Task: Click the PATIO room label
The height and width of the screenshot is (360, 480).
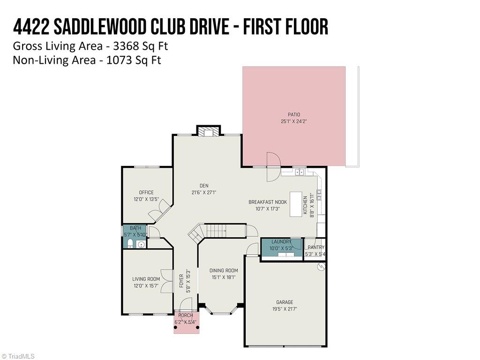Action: (294, 114)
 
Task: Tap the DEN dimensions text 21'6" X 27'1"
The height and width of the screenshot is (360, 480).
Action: (204, 192)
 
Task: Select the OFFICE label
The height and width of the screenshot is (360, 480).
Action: (146, 192)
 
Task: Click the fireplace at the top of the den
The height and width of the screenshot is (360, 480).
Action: (208, 132)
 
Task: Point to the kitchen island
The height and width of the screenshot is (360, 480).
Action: (295, 204)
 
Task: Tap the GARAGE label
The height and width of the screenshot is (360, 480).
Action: (285, 302)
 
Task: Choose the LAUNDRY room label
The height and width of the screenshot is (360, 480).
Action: (281, 242)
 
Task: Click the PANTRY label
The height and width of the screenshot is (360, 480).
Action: (315, 247)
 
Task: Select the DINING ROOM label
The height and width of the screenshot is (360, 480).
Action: (224, 270)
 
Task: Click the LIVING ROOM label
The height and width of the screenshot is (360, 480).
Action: (146, 279)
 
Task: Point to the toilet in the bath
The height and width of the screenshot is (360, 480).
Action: (130, 243)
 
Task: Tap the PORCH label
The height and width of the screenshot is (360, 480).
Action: (185, 315)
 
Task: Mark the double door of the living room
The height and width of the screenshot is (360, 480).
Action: (166, 281)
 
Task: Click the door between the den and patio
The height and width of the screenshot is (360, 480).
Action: (272, 166)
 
